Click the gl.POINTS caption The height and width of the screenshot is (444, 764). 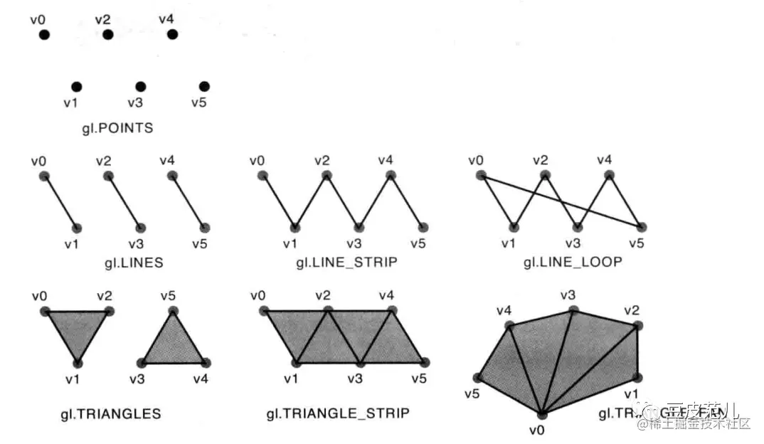(117, 129)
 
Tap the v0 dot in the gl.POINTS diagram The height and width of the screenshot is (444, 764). (44, 35)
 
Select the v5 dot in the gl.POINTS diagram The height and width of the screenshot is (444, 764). (204, 87)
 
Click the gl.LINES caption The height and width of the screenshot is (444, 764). (133, 263)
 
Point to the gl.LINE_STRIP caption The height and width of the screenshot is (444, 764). (346, 263)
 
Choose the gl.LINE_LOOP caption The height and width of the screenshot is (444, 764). (573, 263)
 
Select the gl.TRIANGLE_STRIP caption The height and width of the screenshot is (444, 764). (338, 413)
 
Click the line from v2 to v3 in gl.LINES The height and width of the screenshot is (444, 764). (124, 201)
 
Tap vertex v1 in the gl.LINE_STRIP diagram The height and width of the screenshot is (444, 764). (295, 228)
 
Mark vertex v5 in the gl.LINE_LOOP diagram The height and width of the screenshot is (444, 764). (642, 228)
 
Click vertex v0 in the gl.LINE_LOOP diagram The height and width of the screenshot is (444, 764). (481, 175)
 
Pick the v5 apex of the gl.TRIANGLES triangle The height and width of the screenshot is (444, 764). (171, 311)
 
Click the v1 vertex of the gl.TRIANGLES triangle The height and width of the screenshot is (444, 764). (77, 362)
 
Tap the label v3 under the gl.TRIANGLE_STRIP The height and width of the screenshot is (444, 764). (354, 379)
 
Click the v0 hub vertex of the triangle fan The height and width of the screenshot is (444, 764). (542, 413)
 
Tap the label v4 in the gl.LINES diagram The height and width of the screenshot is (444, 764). (166, 160)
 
